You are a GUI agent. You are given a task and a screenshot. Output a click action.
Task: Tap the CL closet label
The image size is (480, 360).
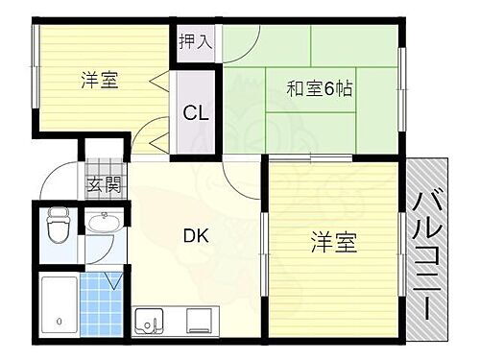coord(198,113)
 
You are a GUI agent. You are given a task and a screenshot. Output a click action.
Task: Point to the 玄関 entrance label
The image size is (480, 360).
coord(106,184)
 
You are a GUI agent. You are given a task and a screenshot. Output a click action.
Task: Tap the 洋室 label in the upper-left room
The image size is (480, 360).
coord(99,81)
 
